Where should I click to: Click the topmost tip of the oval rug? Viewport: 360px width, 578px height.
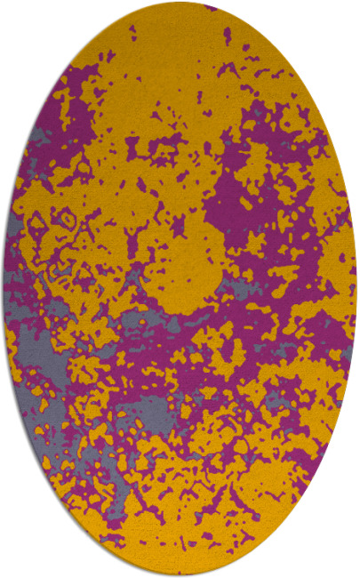[180, 4]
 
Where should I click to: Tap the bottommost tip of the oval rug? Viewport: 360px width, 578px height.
[180, 574]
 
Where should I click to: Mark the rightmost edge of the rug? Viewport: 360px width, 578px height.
[356, 289]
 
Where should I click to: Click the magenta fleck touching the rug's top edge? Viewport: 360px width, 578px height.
[210, 7]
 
